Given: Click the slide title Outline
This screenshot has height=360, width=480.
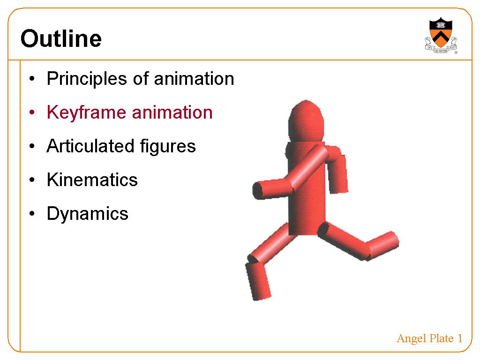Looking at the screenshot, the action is (x=61, y=38).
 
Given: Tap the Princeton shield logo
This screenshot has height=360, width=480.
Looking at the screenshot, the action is (x=441, y=36).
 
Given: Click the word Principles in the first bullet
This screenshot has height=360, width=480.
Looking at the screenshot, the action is (x=87, y=79).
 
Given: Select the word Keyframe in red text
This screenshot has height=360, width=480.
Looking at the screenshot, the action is (x=86, y=113).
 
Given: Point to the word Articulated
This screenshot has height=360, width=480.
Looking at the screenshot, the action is (x=90, y=146).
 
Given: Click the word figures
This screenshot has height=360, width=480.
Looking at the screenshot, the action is (x=168, y=147).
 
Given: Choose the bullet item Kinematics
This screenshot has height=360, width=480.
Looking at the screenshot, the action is (x=92, y=180).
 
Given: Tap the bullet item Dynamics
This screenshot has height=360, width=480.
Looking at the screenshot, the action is (x=88, y=214).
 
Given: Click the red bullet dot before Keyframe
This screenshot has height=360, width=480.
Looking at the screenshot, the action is (x=32, y=112).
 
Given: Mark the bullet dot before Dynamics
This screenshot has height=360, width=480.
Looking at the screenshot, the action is (x=32, y=213).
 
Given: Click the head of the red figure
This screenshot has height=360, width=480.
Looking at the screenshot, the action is (x=306, y=121).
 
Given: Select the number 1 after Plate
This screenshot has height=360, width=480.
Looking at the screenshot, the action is (x=460, y=338).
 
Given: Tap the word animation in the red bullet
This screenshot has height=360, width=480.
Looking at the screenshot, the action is (x=172, y=112).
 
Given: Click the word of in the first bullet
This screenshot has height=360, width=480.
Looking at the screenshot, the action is (x=141, y=79).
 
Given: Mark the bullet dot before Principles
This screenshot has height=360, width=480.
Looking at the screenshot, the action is (x=32, y=79).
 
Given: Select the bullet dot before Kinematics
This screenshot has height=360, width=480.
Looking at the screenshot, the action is (x=32, y=180).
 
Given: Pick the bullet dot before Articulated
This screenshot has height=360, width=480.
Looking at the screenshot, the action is (x=32, y=146).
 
